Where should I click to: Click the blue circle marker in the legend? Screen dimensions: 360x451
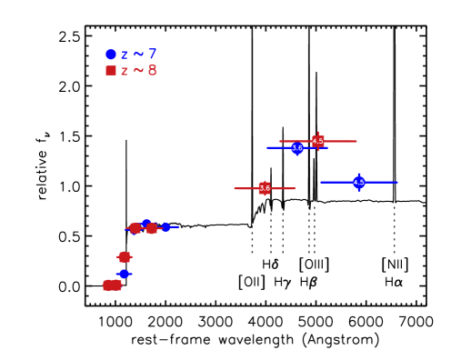(x=111, y=55)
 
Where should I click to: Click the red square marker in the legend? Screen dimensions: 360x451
(x=111, y=71)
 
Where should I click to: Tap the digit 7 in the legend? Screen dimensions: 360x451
(x=152, y=55)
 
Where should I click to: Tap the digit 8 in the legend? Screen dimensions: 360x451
(x=152, y=71)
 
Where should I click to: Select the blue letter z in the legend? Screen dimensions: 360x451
(x=125, y=55)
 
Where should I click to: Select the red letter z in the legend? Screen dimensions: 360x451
(x=125, y=72)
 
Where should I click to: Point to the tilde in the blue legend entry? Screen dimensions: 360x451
(x=138, y=55)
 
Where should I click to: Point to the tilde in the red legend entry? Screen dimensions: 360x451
(x=138, y=71)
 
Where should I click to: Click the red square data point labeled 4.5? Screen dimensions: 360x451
(x=317, y=141)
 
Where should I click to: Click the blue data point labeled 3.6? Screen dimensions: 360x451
(x=297, y=148)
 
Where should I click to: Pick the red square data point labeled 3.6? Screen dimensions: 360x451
(x=265, y=188)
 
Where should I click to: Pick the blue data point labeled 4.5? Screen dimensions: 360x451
(x=359, y=182)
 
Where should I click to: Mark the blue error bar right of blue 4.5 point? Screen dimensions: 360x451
(x=382, y=182)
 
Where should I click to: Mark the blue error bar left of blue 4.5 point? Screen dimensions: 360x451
(x=336, y=182)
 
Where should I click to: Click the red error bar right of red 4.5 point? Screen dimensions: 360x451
(x=341, y=141)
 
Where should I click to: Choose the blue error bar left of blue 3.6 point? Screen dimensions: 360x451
(x=277, y=147)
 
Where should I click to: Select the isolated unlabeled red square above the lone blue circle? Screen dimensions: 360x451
(x=125, y=257)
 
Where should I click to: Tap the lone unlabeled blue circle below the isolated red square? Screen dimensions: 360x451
(x=124, y=274)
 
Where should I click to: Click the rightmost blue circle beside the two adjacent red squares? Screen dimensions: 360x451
(x=165, y=227)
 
